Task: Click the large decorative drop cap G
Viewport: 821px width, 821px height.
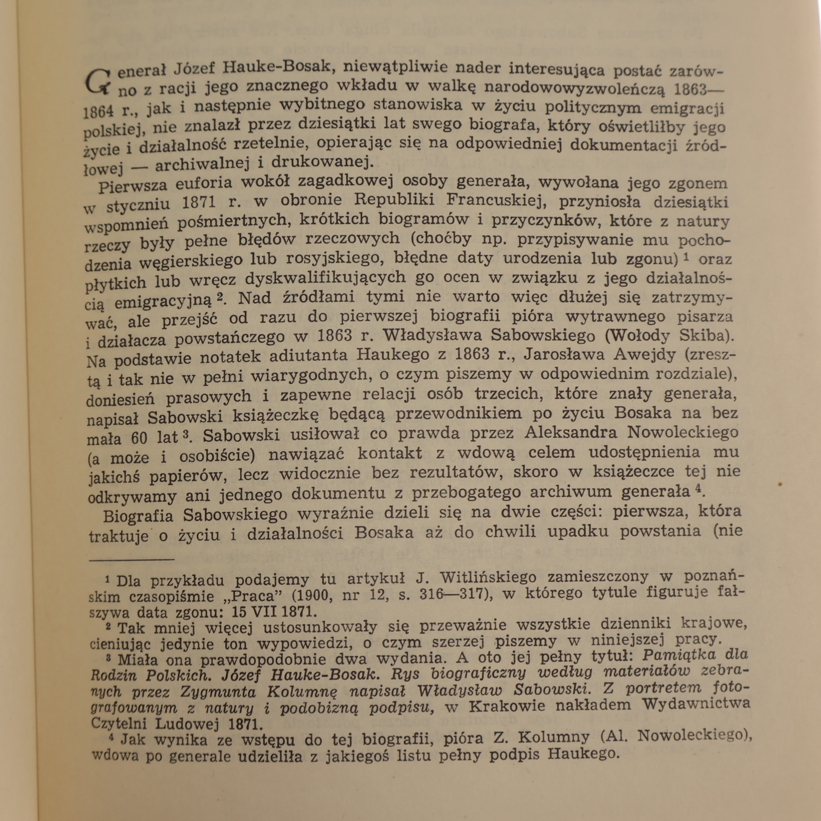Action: (x=97, y=82)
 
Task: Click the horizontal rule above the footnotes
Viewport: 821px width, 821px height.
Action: (x=131, y=560)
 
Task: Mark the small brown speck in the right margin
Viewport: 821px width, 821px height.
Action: (x=779, y=484)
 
